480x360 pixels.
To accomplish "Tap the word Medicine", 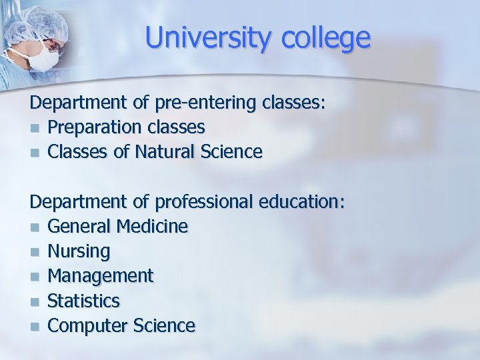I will (152, 226).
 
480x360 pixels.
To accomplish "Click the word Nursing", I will (79, 251).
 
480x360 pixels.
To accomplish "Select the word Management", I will (101, 276).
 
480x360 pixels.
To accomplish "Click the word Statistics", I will (84, 301).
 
